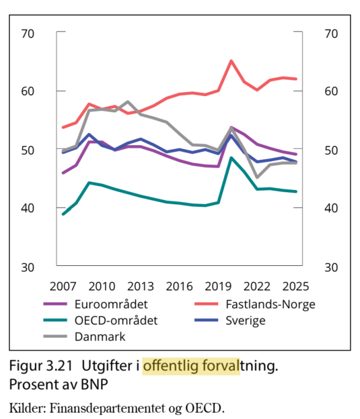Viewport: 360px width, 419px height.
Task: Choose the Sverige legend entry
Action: (x=245, y=321)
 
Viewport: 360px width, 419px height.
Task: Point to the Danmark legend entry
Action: (x=100, y=337)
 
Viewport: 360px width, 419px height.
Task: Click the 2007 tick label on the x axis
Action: (x=63, y=287)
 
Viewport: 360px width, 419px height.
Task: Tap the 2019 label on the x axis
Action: (x=219, y=287)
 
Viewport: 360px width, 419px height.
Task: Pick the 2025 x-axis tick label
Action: (x=296, y=287)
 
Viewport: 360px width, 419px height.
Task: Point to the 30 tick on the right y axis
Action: (x=331, y=266)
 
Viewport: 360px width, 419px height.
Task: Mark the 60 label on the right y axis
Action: (x=331, y=91)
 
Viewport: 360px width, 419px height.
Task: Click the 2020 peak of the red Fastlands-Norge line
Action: (x=231, y=61)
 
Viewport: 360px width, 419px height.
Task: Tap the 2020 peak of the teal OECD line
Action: (x=231, y=158)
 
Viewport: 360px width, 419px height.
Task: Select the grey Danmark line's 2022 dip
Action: (x=257, y=177)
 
